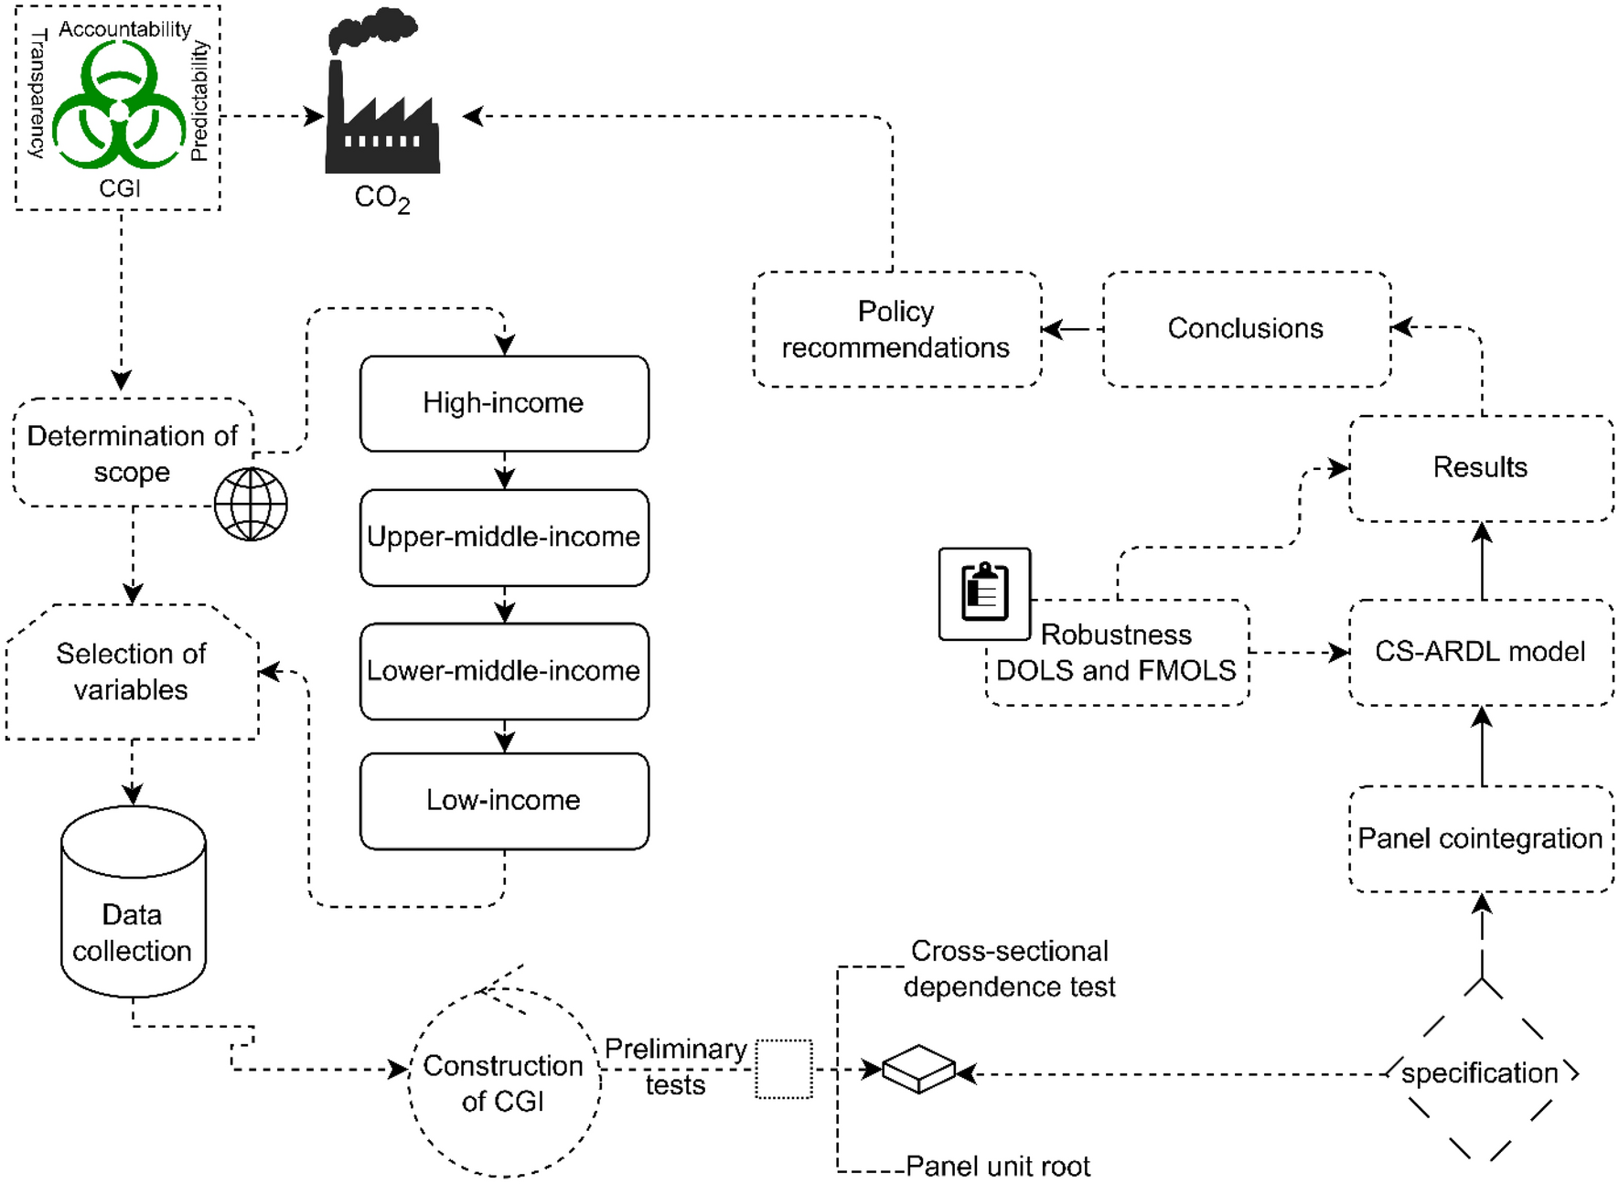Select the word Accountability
coord(125,29)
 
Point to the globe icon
coord(251,504)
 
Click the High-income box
coord(504,403)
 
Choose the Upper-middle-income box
coord(504,537)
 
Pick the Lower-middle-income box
coord(504,670)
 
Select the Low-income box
coord(504,800)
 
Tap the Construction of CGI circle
coord(504,1083)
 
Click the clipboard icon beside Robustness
coord(984,593)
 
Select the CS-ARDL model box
coord(1481,652)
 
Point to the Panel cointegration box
coord(1481,838)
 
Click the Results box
coord(1481,467)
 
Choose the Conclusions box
coord(1246,328)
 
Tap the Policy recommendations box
coord(896,329)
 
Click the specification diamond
coord(1481,1072)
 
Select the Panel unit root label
coord(998,1167)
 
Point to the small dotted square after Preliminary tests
coord(784,1069)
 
